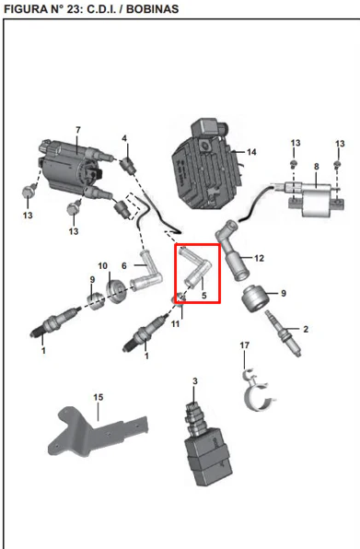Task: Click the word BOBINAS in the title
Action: click(x=152, y=9)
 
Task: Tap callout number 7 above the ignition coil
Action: click(x=78, y=130)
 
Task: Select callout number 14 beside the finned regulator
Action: click(x=251, y=152)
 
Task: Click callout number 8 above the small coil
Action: click(x=317, y=167)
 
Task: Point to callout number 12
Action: click(x=259, y=258)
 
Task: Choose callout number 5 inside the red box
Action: click(x=204, y=295)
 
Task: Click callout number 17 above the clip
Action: click(x=245, y=345)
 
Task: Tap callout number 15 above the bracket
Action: click(x=99, y=397)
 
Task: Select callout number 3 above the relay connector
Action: click(x=195, y=381)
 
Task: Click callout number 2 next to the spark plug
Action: click(x=306, y=329)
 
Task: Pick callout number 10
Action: click(x=102, y=266)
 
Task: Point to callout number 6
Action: click(x=124, y=265)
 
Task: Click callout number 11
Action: click(x=175, y=324)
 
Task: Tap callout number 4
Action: click(x=124, y=139)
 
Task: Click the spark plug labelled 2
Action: click(x=284, y=333)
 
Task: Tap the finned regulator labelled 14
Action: click(x=206, y=165)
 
